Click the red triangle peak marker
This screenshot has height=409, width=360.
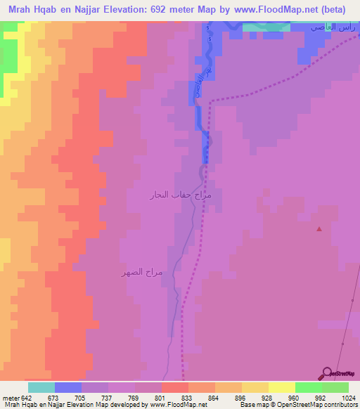(x=320, y=228)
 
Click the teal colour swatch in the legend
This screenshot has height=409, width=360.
(x=41, y=387)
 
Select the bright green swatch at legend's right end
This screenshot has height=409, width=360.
(x=335, y=387)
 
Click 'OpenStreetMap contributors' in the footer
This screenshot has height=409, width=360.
(x=323, y=405)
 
